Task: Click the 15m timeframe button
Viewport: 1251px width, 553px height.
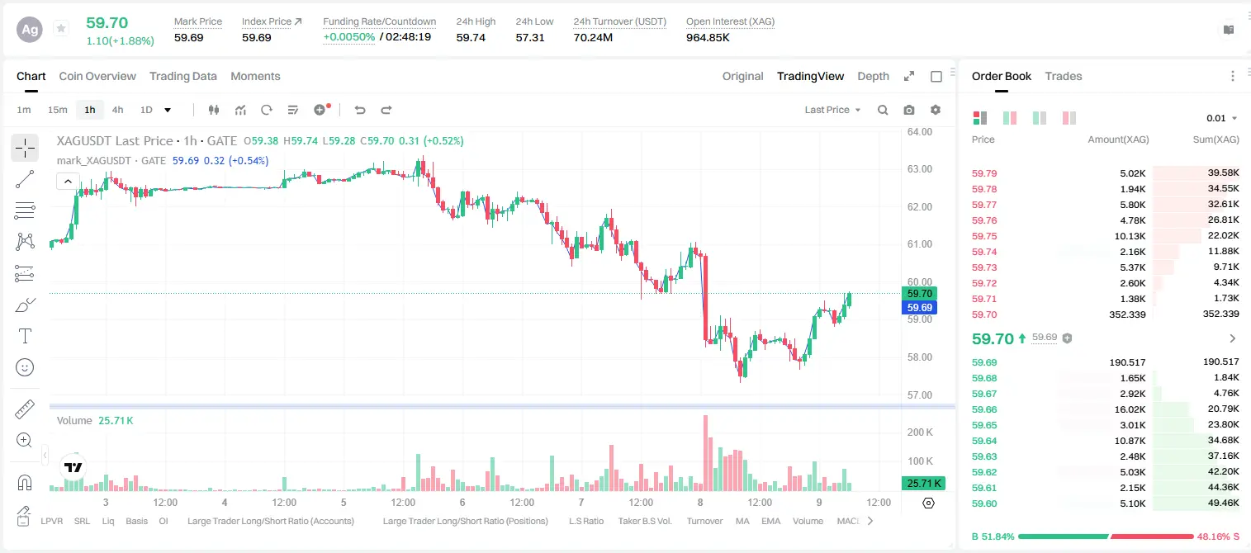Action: point(58,110)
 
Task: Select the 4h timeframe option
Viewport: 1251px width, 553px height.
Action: point(117,110)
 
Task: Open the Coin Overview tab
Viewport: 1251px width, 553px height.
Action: point(97,76)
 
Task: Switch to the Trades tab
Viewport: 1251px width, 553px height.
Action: point(1064,76)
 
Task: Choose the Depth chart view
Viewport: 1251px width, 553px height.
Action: point(873,76)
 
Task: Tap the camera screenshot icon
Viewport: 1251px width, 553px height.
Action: point(909,110)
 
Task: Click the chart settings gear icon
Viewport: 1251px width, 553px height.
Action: point(936,110)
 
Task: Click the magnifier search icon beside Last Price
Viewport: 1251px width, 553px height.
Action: point(883,110)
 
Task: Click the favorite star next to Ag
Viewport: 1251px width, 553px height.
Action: point(61,28)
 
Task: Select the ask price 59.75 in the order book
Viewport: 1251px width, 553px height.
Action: point(984,236)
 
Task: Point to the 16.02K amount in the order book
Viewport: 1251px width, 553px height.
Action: point(1130,409)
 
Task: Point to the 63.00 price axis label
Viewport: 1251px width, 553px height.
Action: point(920,169)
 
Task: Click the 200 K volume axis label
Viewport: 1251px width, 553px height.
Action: point(920,432)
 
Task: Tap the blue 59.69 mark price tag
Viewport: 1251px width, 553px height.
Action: point(919,308)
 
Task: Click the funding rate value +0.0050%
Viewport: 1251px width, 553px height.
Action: point(349,37)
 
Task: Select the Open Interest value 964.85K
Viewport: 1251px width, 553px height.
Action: point(708,37)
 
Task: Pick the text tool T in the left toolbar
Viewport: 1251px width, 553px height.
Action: point(25,336)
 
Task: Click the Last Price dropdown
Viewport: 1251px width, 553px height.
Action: point(832,110)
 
